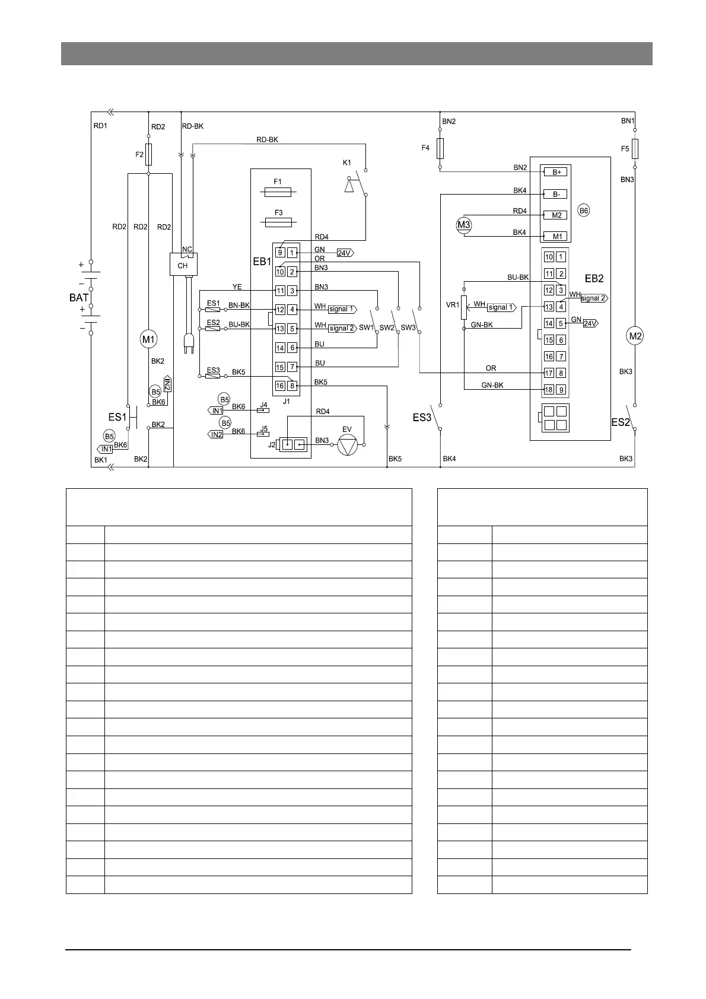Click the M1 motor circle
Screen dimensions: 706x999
(x=148, y=340)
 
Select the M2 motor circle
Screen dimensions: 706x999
(x=635, y=336)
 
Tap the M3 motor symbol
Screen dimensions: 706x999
(x=463, y=225)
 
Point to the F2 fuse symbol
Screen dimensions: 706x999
(x=148, y=154)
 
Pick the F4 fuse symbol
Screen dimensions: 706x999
(x=440, y=148)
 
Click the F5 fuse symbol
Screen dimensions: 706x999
(x=635, y=149)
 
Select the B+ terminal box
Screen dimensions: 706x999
(x=556, y=172)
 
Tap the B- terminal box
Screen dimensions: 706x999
(x=556, y=194)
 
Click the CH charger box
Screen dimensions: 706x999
(x=183, y=265)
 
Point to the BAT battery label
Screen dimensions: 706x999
(x=79, y=298)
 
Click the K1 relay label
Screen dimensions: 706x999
(x=347, y=163)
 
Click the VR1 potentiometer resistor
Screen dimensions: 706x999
(x=464, y=307)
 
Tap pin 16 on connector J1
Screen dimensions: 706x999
(x=280, y=386)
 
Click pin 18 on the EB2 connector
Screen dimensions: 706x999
(x=549, y=390)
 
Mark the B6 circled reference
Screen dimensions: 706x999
(x=584, y=211)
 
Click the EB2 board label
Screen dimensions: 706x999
(x=594, y=278)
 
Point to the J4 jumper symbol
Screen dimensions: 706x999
(x=263, y=410)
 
